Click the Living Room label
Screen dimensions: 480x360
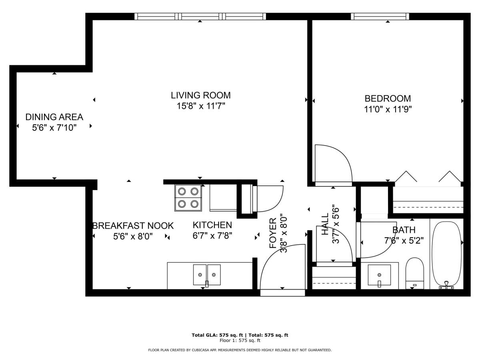200,95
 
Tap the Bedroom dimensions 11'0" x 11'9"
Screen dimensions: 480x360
388,109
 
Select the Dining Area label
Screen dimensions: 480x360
54,117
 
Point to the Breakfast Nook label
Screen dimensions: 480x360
133,226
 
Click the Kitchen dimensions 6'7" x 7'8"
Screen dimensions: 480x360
212,236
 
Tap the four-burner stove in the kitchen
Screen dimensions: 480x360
188,198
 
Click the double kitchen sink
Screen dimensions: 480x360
207,274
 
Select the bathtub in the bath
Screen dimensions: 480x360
447,255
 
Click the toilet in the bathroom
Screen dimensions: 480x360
415,273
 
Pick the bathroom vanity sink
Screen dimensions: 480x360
379,275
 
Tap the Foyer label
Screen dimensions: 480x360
273,233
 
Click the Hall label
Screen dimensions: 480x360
325,224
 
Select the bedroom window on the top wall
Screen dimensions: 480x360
380,16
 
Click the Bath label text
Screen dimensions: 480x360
404,230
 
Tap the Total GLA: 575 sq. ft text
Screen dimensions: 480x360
217,335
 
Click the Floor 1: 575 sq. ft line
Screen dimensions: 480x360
240,340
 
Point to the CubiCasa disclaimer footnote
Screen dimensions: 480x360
240,350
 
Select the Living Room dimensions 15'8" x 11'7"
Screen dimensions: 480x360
201,106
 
